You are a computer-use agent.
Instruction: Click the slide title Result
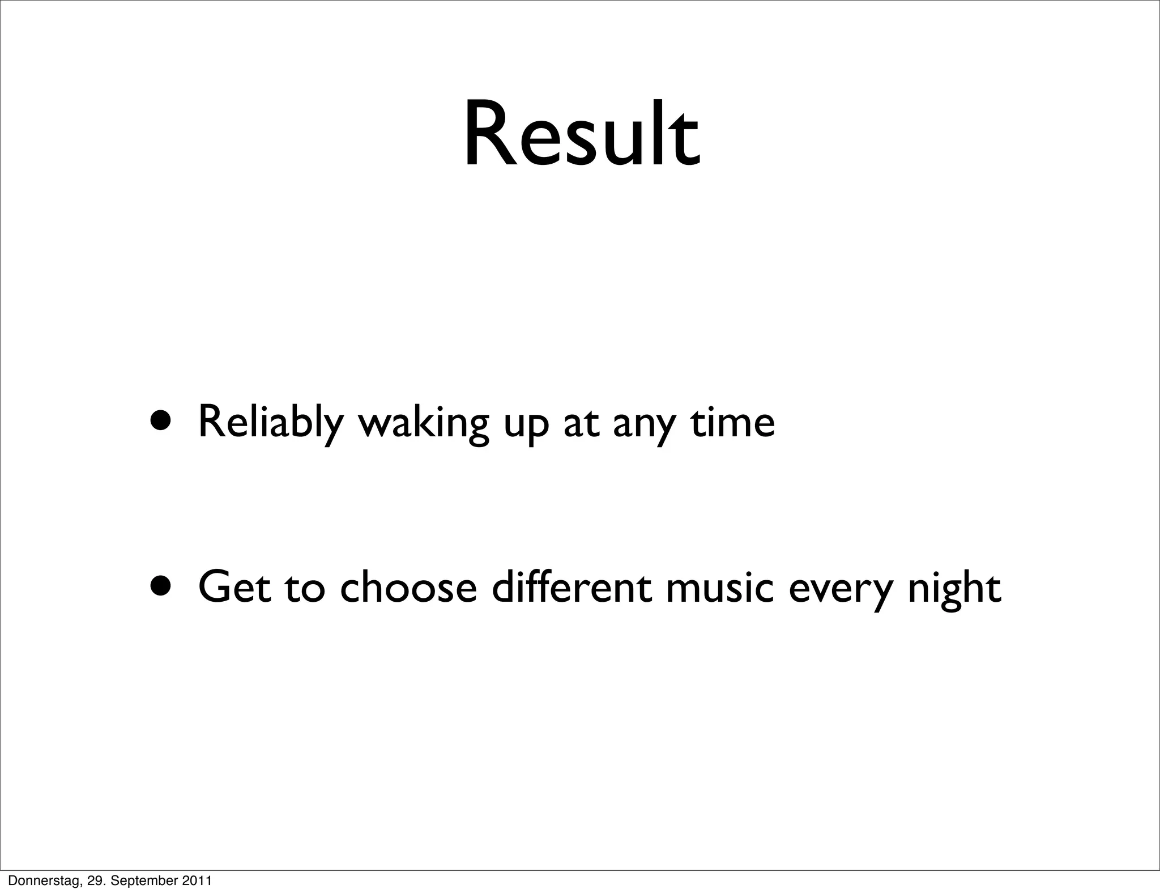[582, 136]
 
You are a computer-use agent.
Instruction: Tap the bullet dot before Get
[163, 587]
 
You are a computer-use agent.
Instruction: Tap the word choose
[408, 588]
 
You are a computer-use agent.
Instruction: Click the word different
[572, 587]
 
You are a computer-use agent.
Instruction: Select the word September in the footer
[143, 881]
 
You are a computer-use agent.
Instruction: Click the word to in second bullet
[305, 589]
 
